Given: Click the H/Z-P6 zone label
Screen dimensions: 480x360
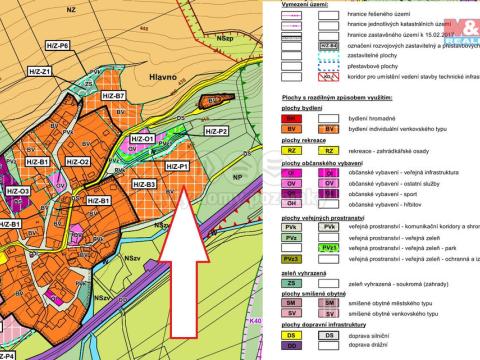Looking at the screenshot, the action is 57,46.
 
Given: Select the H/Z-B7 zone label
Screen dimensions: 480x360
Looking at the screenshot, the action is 112,96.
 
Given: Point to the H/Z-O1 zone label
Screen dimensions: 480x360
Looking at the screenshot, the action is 142,139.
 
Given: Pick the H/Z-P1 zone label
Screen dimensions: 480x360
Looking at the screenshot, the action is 176,166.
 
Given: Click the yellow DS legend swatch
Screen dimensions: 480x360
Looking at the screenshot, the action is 294,338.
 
